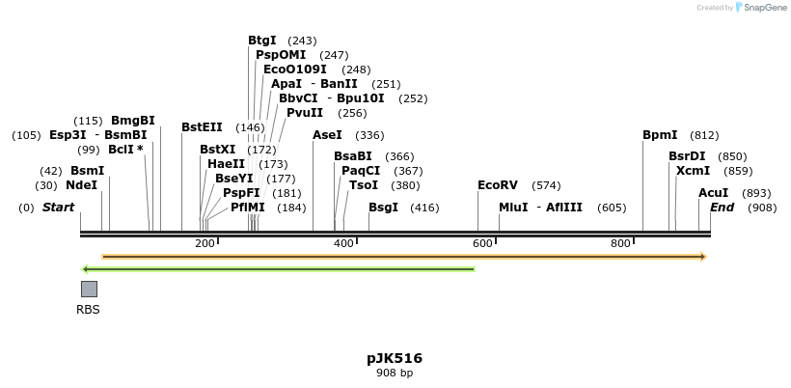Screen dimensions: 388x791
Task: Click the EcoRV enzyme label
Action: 498,185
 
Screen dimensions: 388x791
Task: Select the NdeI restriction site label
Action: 81,185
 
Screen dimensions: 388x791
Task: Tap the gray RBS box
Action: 89,289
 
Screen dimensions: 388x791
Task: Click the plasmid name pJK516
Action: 394,358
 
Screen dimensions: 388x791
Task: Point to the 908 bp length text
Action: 394,373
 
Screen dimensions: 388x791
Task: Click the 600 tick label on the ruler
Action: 482,243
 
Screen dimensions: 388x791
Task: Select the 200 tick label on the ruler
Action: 205,243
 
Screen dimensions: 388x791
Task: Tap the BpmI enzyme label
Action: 660,135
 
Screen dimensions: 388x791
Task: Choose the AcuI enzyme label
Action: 713,193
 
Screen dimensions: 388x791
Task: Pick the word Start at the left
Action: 58,208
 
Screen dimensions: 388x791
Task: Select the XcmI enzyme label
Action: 693,171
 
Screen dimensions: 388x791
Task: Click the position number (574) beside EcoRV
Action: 546,185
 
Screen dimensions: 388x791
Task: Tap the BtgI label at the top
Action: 261,41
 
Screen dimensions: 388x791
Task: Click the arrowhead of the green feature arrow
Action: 86,269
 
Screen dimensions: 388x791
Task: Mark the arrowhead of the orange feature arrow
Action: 703,257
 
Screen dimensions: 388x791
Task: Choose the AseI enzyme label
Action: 327,135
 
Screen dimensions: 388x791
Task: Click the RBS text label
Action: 88,310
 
